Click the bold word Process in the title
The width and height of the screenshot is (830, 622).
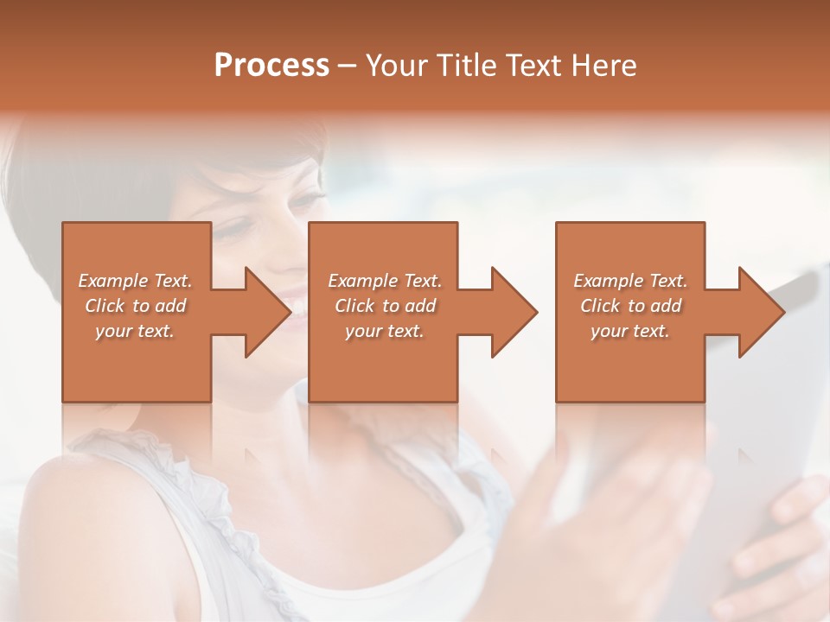coord(271,66)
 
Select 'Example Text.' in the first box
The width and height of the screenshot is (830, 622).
coord(136,281)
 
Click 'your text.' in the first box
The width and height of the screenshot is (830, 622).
coord(136,331)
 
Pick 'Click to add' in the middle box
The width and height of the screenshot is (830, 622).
coord(385,306)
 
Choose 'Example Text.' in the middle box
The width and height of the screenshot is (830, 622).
coord(385,281)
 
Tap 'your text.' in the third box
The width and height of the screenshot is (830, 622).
coord(630,331)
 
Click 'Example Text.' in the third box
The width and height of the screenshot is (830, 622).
coord(630,281)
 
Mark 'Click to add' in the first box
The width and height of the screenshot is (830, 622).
coord(136,306)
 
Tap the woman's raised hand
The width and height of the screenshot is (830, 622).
coord(605,501)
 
